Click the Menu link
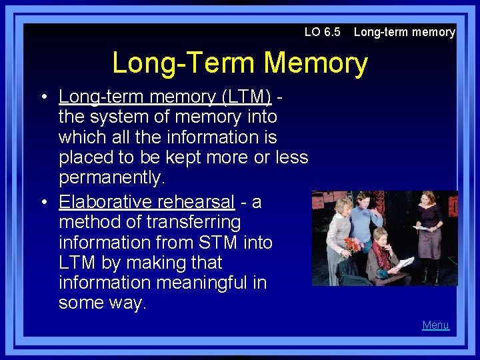(x=435, y=325)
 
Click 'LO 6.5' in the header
(x=322, y=32)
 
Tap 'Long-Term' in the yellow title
(x=184, y=63)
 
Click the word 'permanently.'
(x=111, y=178)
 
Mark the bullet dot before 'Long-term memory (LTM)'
(x=42, y=97)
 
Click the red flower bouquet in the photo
(x=352, y=244)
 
